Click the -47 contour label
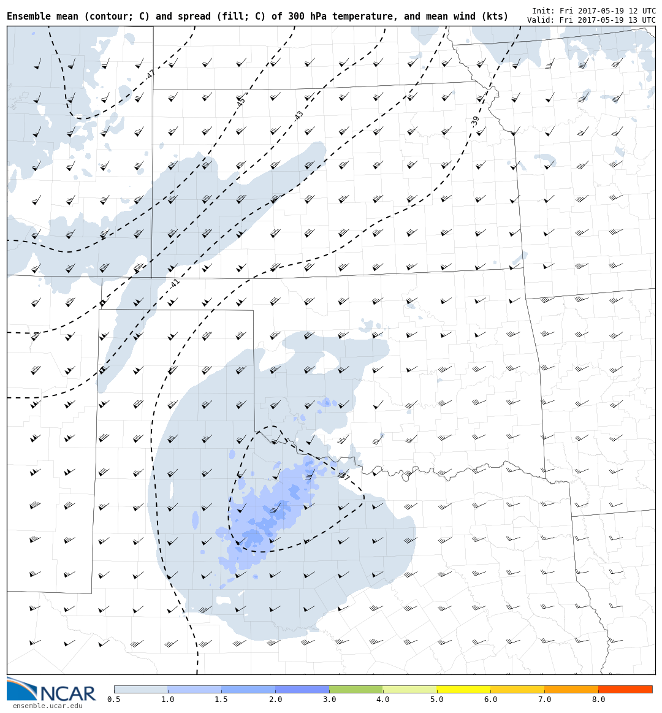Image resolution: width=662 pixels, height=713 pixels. click(150, 75)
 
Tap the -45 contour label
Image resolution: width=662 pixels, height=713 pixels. click(240, 102)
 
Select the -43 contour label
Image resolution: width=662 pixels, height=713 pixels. click(299, 116)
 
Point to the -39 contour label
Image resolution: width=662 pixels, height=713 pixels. click(475, 121)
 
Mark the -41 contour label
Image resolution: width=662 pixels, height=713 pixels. click(175, 284)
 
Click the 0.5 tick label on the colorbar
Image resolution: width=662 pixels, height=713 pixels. click(114, 700)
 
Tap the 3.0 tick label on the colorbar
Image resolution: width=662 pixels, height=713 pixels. click(329, 700)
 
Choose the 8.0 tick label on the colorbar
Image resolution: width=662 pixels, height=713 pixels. click(598, 700)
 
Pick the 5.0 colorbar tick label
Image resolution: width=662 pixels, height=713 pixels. click(437, 700)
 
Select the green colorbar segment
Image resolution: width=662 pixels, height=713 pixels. click(356, 689)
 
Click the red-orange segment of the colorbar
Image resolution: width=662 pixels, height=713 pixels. click(625, 689)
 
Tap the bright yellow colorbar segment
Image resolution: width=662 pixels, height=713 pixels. click(463, 689)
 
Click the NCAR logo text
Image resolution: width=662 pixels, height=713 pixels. click(67, 693)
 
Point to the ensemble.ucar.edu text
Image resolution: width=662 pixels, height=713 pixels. click(47, 706)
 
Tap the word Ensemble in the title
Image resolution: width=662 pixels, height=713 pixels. click(30, 17)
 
